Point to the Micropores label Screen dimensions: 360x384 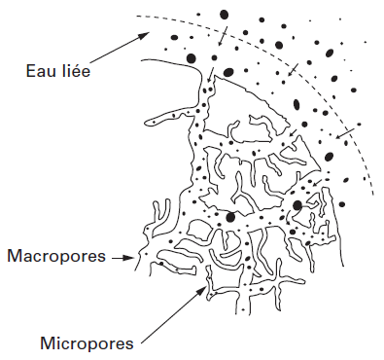pos(87,343)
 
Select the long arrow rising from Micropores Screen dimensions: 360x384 pos(175,307)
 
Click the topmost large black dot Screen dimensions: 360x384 pos(225,15)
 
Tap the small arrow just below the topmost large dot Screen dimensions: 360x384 pos(223,36)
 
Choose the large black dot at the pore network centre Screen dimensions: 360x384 pos(230,216)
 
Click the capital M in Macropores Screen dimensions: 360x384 pos(15,257)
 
